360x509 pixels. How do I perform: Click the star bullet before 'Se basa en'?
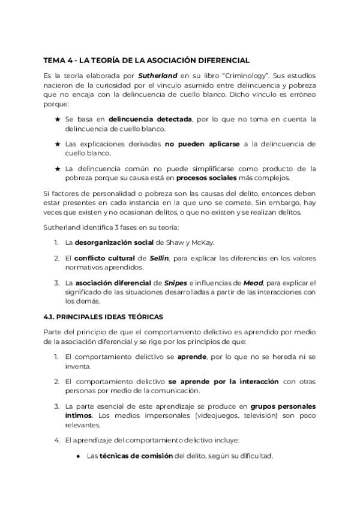click(x=58, y=119)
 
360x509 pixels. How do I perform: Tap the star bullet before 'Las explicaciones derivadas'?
click(x=58, y=144)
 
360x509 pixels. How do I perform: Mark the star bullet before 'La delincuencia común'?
click(x=58, y=169)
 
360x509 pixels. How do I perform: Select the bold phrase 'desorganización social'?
click(x=115, y=242)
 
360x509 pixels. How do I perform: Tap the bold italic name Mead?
click(x=252, y=283)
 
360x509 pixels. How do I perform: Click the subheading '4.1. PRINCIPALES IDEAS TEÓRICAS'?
click(x=104, y=316)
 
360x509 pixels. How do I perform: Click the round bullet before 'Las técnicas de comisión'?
click(x=79, y=456)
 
